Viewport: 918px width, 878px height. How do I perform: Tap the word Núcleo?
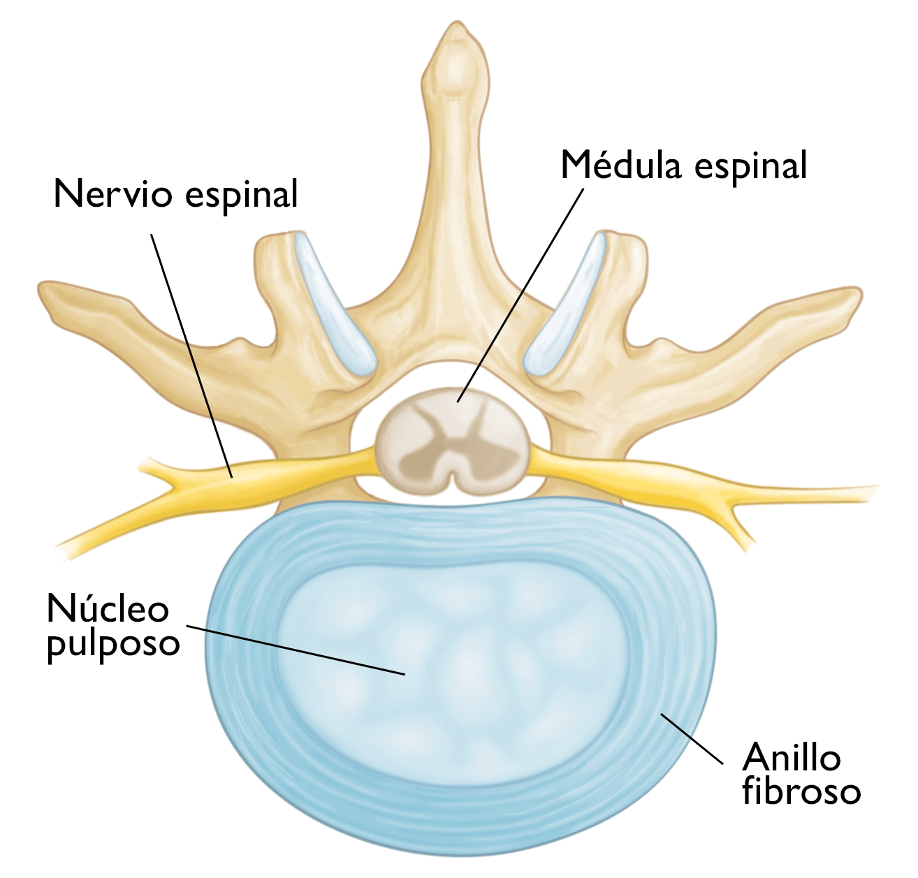pyautogui.click(x=108, y=609)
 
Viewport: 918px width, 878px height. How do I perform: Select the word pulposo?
pyautogui.click(x=113, y=643)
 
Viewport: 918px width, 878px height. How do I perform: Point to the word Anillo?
pyautogui.click(x=791, y=757)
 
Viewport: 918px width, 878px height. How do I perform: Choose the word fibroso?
pyautogui.click(x=801, y=791)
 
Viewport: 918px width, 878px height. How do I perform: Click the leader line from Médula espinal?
pyautogui.click(x=520, y=293)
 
